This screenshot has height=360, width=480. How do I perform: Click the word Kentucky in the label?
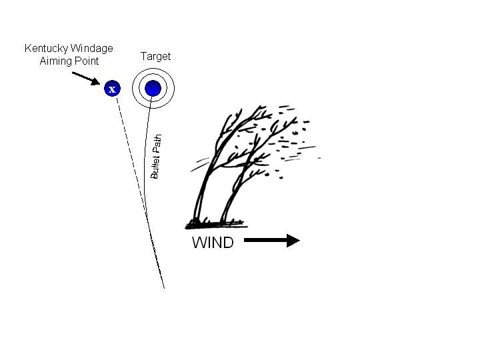tap(45, 49)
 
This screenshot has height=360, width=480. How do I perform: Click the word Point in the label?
tap(87, 61)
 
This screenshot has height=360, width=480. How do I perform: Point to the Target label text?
tap(155, 57)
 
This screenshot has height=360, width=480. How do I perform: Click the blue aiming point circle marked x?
tap(112, 88)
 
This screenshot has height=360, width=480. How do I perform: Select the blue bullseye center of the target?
tap(153, 88)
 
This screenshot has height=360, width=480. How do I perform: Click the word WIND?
tap(213, 243)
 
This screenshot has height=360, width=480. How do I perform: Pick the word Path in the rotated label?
tap(157, 144)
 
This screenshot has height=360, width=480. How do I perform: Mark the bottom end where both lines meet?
tap(163, 287)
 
